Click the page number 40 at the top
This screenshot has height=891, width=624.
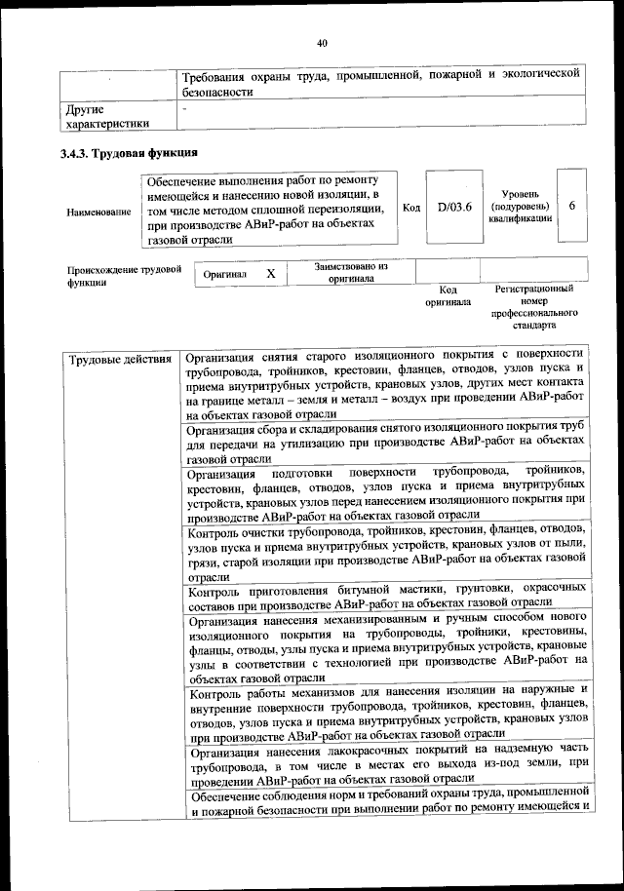pyautogui.click(x=322, y=42)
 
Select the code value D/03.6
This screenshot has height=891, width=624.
pyautogui.click(x=454, y=208)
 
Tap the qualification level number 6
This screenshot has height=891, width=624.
pyautogui.click(x=572, y=207)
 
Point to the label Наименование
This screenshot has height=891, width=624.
pyautogui.click(x=98, y=212)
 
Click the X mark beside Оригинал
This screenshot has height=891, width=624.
pyautogui.click(x=271, y=274)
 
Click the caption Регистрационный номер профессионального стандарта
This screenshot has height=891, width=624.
pyautogui.click(x=532, y=307)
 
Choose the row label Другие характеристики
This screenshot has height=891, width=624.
pyautogui.click(x=107, y=117)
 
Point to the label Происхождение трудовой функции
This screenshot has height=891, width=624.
pyautogui.click(x=124, y=276)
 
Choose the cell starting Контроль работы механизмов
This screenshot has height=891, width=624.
pyautogui.click(x=386, y=717)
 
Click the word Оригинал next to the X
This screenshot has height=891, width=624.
pyautogui.click(x=224, y=275)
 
